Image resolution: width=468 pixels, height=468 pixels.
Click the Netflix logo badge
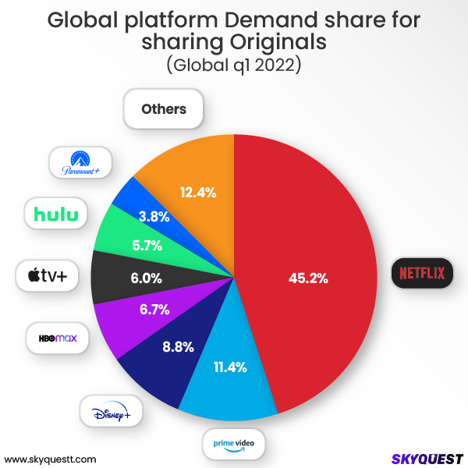click(x=422, y=274)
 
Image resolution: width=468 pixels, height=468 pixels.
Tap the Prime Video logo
click(x=233, y=443)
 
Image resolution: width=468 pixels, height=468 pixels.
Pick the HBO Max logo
click(x=58, y=339)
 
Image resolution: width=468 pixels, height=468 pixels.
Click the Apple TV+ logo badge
click(x=48, y=275)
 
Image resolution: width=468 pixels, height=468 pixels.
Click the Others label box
click(x=164, y=109)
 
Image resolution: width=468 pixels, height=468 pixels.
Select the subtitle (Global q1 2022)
click(x=233, y=66)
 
